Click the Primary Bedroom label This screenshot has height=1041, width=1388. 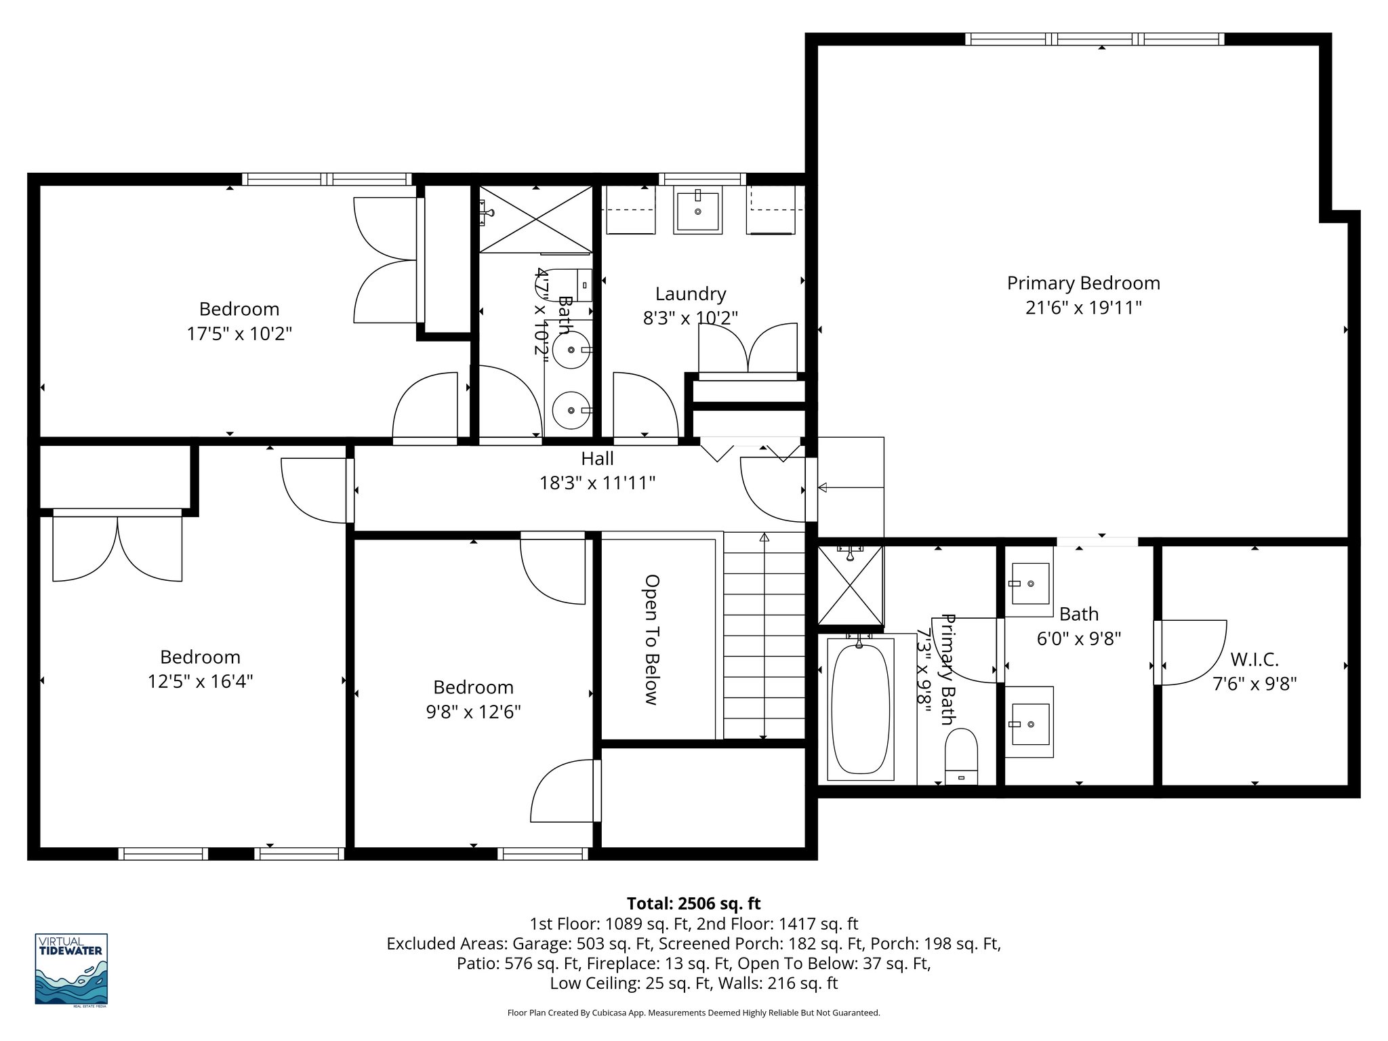pyautogui.click(x=1083, y=283)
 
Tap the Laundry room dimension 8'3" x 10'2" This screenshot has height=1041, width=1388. pyautogui.click(x=690, y=318)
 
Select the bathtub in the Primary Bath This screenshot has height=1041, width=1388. pyautogui.click(x=860, y=708)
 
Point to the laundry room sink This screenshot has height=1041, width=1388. pyautogui.click(x=697, y=211)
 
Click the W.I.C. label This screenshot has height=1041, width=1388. pyautogui.click(x=1254, y=659)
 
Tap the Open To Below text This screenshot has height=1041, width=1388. pyautogui.click(x=651, y=640)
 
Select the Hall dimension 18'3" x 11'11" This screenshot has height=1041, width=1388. pyautogui.click(x=597, y=483)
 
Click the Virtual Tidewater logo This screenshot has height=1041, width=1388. pyautogui.click(x=71, y=969)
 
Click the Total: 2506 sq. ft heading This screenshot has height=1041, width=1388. pyautogui.click(x=693, y=903)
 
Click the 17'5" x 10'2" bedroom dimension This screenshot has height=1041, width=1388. pyautogui.click(x=239, y=333)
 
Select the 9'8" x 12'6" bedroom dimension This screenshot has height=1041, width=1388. pyautogui.click(x=473, y=712)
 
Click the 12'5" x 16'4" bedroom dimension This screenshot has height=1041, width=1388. pyautogui.click(x=200, y=681)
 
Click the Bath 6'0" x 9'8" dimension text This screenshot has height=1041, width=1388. pyautogui.click(x=1078, y=638)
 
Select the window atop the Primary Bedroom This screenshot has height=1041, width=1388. pyautogui.click(x=1095, y=39)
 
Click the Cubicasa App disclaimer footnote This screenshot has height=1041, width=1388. pyautogui.click(x=693, y=1013)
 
